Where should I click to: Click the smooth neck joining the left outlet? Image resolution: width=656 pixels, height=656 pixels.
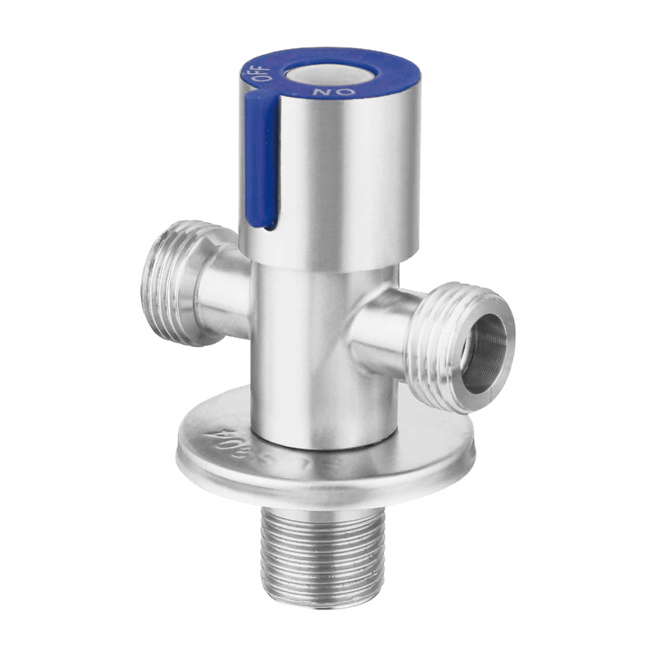pyautogui.click(x=221, y=283)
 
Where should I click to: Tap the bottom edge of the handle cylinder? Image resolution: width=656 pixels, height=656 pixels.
pyautogui.click(x=328, y=261)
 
